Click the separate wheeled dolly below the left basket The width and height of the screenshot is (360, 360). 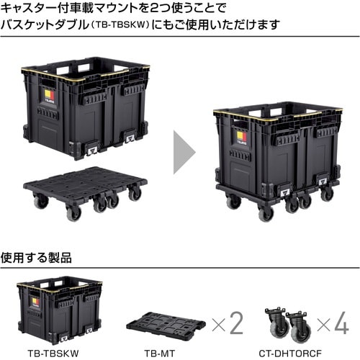point(86,189)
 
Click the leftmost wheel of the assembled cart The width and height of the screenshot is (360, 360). point(233,202)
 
